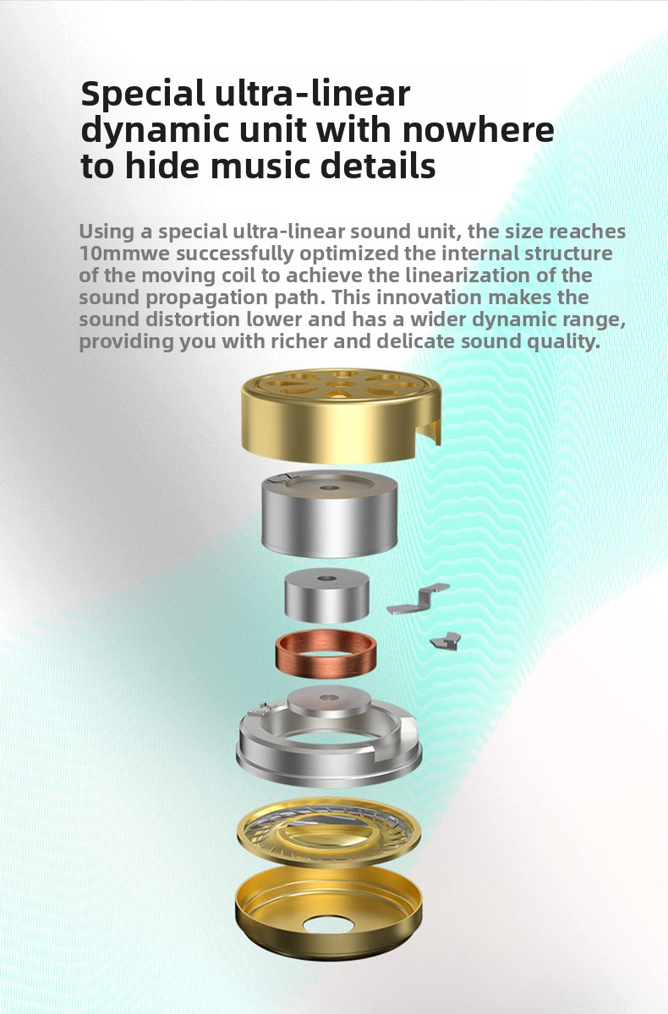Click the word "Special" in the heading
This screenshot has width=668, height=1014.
click(x=143, y=95)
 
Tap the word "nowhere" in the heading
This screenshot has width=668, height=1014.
click(x=478, y=130)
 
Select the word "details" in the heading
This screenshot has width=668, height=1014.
click(x=378, y=166)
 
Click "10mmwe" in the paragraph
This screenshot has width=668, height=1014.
click(x=124, y=253)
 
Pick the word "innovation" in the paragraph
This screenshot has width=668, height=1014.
click(x=429, y=297)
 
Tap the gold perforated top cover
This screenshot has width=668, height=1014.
click(x=341, y=414)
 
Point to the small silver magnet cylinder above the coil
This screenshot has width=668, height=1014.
click(x=326, y=597)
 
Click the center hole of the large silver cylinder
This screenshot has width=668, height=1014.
click(x=329, y=488)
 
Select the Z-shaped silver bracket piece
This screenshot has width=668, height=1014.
click(x=418, y=599)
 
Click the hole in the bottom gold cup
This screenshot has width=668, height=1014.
click(x=329, y=924)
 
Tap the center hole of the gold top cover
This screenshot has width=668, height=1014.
click(x=342, y=384)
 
